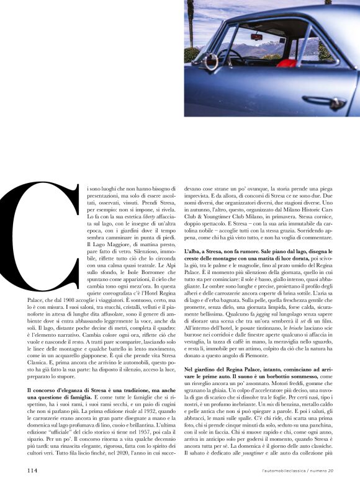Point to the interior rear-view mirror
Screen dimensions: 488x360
pyautogui.click(x=256, y=36)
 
